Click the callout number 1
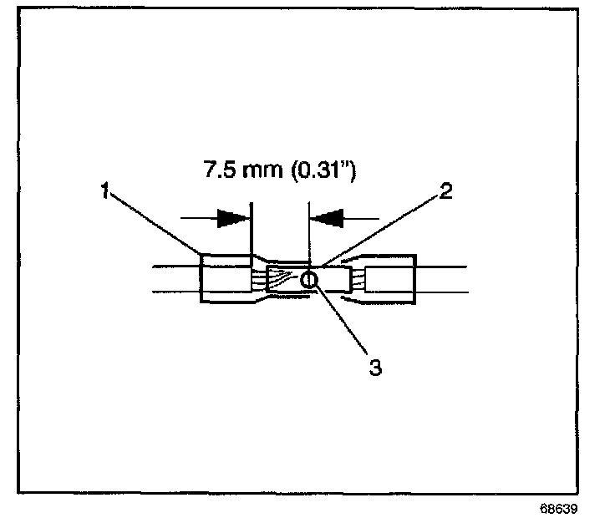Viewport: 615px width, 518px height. point(104,191)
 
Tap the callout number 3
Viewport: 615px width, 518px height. point(376,366)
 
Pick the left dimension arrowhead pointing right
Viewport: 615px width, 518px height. point(233,219)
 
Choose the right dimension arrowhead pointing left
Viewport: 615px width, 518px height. point(327,219)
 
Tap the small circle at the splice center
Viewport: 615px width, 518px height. point(309,279)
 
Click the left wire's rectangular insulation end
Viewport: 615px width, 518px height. point(224,279)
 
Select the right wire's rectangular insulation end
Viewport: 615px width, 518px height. point(389,279)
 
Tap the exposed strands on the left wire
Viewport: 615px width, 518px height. point(257,278)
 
